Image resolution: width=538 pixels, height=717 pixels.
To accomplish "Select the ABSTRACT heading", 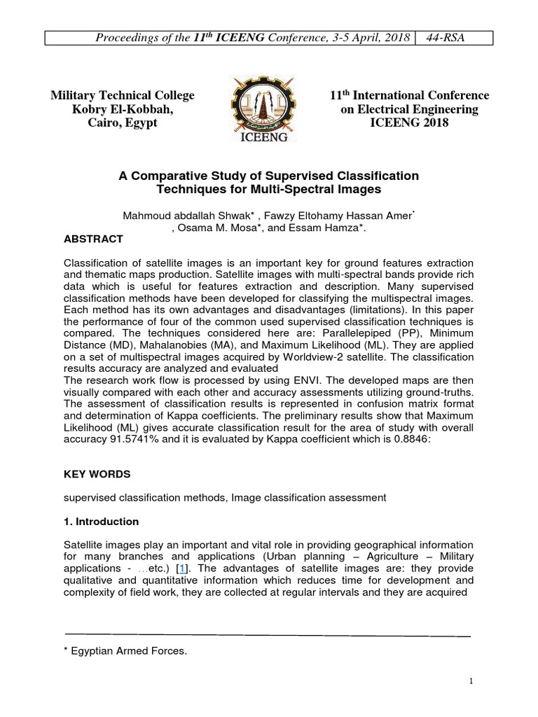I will coord(93,239).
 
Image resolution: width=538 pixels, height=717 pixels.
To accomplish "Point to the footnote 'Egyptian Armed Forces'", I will coord(128,651).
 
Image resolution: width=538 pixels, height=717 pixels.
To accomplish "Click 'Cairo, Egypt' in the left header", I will coord(122,123).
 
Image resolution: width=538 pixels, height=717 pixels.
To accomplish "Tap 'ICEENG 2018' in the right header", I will coord(409,123).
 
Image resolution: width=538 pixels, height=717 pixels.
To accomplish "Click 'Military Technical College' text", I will coord(122,95).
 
